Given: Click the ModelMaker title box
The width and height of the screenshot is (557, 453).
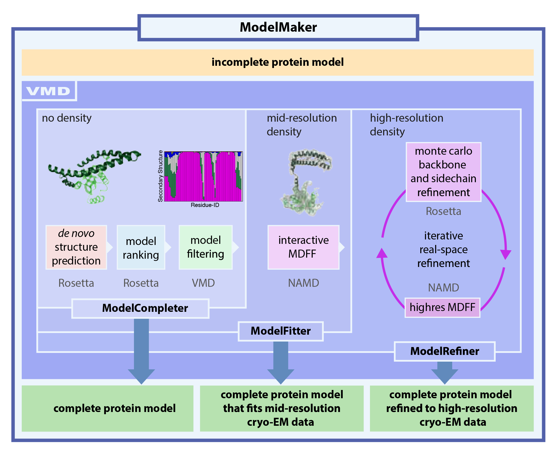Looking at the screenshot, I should coord(278,28).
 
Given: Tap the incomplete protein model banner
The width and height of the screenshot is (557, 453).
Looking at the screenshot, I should coord(278,62).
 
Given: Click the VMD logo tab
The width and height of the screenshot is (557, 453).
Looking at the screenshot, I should coord(48,91).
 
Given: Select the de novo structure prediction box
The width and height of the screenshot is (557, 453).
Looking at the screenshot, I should coord(76,247).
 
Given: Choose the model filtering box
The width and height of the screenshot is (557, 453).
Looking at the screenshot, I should coord(205,247).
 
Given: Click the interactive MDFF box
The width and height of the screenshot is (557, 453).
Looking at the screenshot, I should coord(303,247).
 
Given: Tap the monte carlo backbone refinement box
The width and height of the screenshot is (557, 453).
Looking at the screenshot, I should coord(443,172).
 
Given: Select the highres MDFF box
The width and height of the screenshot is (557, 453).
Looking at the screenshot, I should coord(442,307).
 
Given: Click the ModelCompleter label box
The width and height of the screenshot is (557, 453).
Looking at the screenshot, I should coord(140,308).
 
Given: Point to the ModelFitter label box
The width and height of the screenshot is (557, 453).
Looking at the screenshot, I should coord(281,331).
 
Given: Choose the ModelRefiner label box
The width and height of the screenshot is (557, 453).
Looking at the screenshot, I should coord(444,351).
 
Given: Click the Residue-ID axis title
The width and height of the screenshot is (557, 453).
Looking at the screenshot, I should coord(205,205).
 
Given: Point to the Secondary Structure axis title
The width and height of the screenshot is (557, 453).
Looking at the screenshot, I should coord(160,176).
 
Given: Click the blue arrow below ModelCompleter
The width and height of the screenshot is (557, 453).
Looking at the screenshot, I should coord(141,352).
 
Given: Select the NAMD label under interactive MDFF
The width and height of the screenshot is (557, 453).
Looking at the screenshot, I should coord(303,283).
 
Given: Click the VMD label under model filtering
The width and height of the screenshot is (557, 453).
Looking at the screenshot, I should coord(203,283).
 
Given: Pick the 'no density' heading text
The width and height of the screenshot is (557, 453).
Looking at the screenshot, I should coord(67,118).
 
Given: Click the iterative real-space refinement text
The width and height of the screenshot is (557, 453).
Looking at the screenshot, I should coord(443,250).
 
